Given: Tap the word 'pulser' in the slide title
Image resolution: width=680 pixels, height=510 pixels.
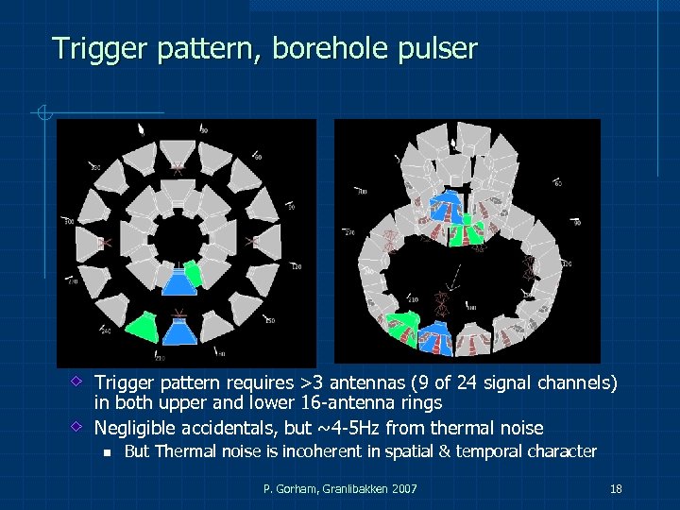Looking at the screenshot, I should [436, 48].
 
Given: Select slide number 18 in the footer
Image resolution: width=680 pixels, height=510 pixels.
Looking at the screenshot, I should [616, 488].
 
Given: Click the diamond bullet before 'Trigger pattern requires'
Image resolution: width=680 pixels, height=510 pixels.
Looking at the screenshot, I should [79, 383].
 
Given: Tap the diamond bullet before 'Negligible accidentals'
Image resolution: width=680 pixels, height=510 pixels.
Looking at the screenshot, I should [79, 426].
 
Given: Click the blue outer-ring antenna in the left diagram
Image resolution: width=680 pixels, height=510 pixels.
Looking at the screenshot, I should [178, 331].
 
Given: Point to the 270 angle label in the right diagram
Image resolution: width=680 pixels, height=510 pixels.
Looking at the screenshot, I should [348, 232].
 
